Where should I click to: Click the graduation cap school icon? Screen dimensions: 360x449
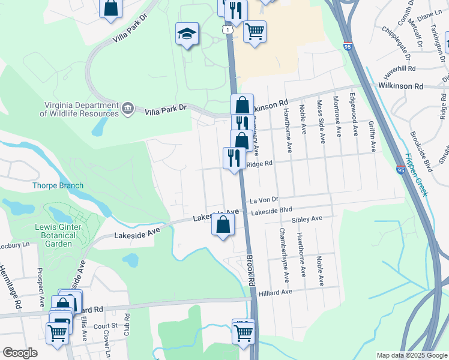(187, 34)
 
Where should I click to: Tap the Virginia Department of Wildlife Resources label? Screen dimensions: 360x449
(80, 109)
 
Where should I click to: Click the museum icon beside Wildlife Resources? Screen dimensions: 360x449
(128, 109)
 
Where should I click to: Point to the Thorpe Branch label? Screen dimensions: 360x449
(58, 185)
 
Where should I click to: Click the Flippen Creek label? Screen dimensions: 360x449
(416, 174)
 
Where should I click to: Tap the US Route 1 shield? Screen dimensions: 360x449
(227, 28)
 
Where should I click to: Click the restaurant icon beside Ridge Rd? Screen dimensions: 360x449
(232, 158)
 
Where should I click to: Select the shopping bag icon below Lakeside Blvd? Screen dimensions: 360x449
(222, 226)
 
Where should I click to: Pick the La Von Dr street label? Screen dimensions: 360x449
(265, 199)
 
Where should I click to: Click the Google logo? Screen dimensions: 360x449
(20, 353)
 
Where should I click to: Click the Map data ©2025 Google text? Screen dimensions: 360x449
(411, 355)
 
